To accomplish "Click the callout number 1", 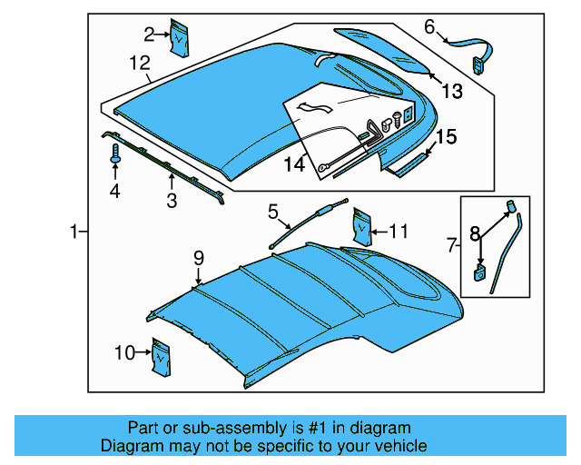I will [74, 232].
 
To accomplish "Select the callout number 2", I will [149, 35].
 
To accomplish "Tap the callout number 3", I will [171, 201].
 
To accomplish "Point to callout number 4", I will [114, 191].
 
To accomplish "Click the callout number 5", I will [271, 212].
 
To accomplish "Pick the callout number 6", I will [429, 26].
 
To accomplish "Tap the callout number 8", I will [474, 233].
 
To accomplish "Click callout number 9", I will [198, 260].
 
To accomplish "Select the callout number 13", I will [452, 91].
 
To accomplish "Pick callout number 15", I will [446, 138].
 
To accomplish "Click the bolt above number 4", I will [115, 157].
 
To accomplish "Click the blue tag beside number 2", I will [182, 36].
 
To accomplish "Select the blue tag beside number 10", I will [162, 356].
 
